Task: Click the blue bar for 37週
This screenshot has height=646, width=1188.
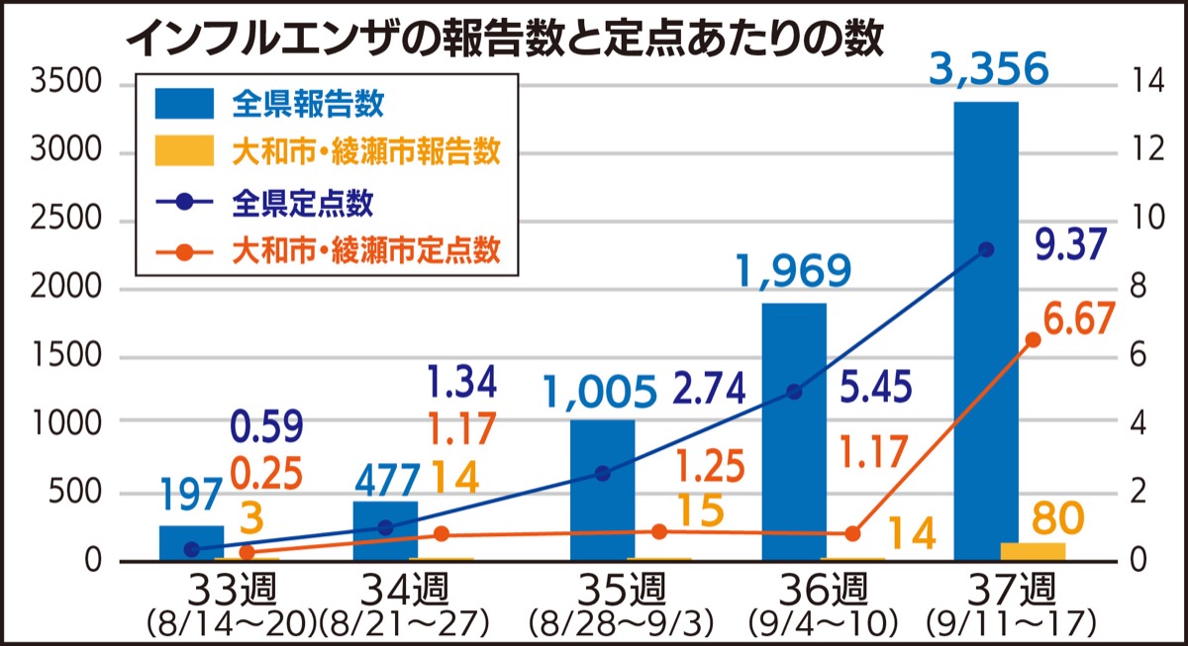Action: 985,331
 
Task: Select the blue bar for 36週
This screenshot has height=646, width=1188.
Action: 793,431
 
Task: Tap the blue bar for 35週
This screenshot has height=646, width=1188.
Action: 602,490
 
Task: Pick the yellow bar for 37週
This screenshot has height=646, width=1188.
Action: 1033,551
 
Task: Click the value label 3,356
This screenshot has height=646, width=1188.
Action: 987,69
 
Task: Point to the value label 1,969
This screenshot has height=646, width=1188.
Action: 794,271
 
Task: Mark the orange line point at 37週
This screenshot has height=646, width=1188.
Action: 1033,339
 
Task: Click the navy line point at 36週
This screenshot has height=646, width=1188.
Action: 793,392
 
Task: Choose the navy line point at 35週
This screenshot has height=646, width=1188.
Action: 602,473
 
